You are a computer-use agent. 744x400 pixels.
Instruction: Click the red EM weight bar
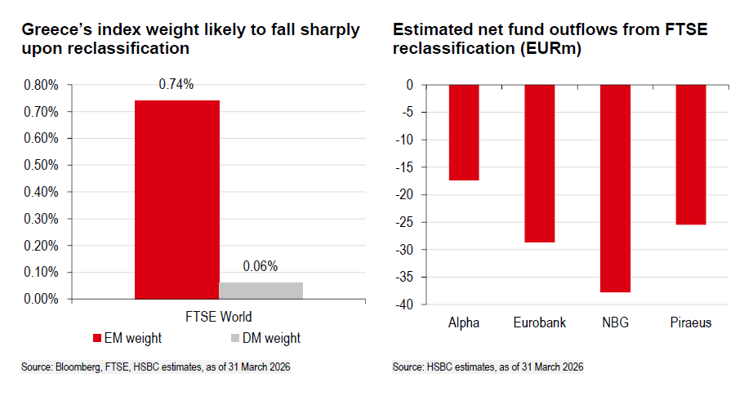click(176, 199)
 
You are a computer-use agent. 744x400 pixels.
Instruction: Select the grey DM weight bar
click(261, 291)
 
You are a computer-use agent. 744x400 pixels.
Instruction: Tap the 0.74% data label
click(176, 84)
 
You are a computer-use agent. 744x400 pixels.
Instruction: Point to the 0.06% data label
click(261, 266)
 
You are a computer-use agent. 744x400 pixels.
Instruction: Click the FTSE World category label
click(218, 317)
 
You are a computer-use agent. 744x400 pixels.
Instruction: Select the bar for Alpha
click(464, 132)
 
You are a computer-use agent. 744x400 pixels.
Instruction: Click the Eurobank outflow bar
click(539, 163)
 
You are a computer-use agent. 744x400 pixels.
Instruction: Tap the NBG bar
click(615, 189)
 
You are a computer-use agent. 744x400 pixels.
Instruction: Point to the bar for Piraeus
click(690, 154)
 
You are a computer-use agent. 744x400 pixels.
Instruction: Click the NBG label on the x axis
click(615, 322)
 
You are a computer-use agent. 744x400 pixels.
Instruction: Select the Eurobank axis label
click(539, 322)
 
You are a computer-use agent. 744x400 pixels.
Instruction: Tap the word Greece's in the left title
click(57, 30)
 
